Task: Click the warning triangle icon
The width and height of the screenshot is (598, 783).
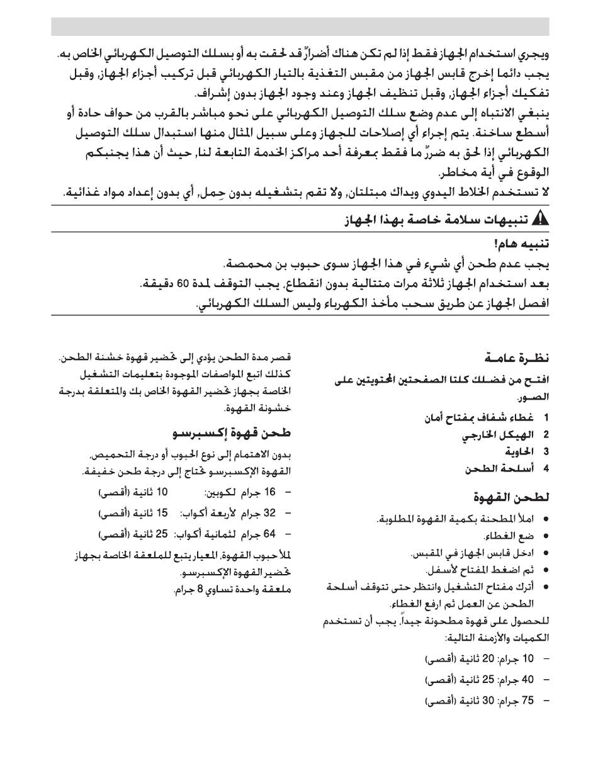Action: (x=541, y=220)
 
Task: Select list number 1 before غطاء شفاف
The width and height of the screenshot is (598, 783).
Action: (x=546, y=418)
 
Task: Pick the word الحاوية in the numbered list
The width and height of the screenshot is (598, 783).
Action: (x=519, y=452)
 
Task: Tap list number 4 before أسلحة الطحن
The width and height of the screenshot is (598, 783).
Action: (x=546, y=469)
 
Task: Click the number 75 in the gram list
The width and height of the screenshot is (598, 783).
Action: (x=527, y=700)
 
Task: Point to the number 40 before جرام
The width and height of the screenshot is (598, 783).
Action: (x=527, y=679)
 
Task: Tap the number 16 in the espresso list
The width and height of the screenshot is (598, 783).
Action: (x=269, y=492)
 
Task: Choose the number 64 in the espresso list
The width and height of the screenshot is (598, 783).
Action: (x=269, y=534)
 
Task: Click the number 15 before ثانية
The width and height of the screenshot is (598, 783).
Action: (x=162, y=513)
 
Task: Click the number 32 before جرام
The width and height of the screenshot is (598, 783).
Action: (x=269, y=513)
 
